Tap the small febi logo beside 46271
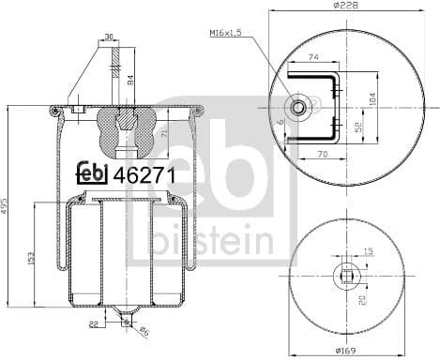pyautogui.click(x=91, y=173)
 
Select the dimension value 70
pyautogui.click(x=321, y=153)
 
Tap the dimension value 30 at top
pyautogui.click(x=110, y=37)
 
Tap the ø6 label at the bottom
pyautogui.click(x=146, y=331)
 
